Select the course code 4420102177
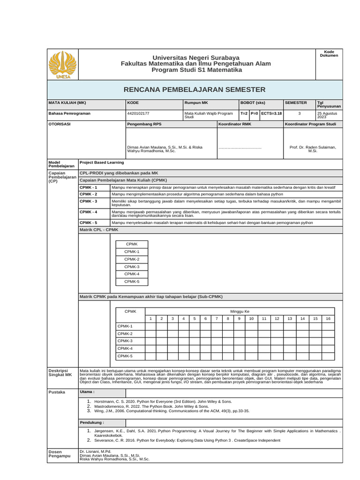point(138,113)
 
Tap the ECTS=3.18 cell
point(271,113)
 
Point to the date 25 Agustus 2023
point(329,115)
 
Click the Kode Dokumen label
point(329,53)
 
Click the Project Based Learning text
point(102,163)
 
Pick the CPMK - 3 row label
point(89,201)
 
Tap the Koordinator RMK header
point(235,124)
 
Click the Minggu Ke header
point(240,311)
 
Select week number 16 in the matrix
point(328,319)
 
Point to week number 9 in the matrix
point(239,319)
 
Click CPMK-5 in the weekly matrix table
point(125,356)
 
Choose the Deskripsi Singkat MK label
point(60,373)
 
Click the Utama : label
point(87,391)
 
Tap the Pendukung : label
point(91,422)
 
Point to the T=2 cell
point(244,113)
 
